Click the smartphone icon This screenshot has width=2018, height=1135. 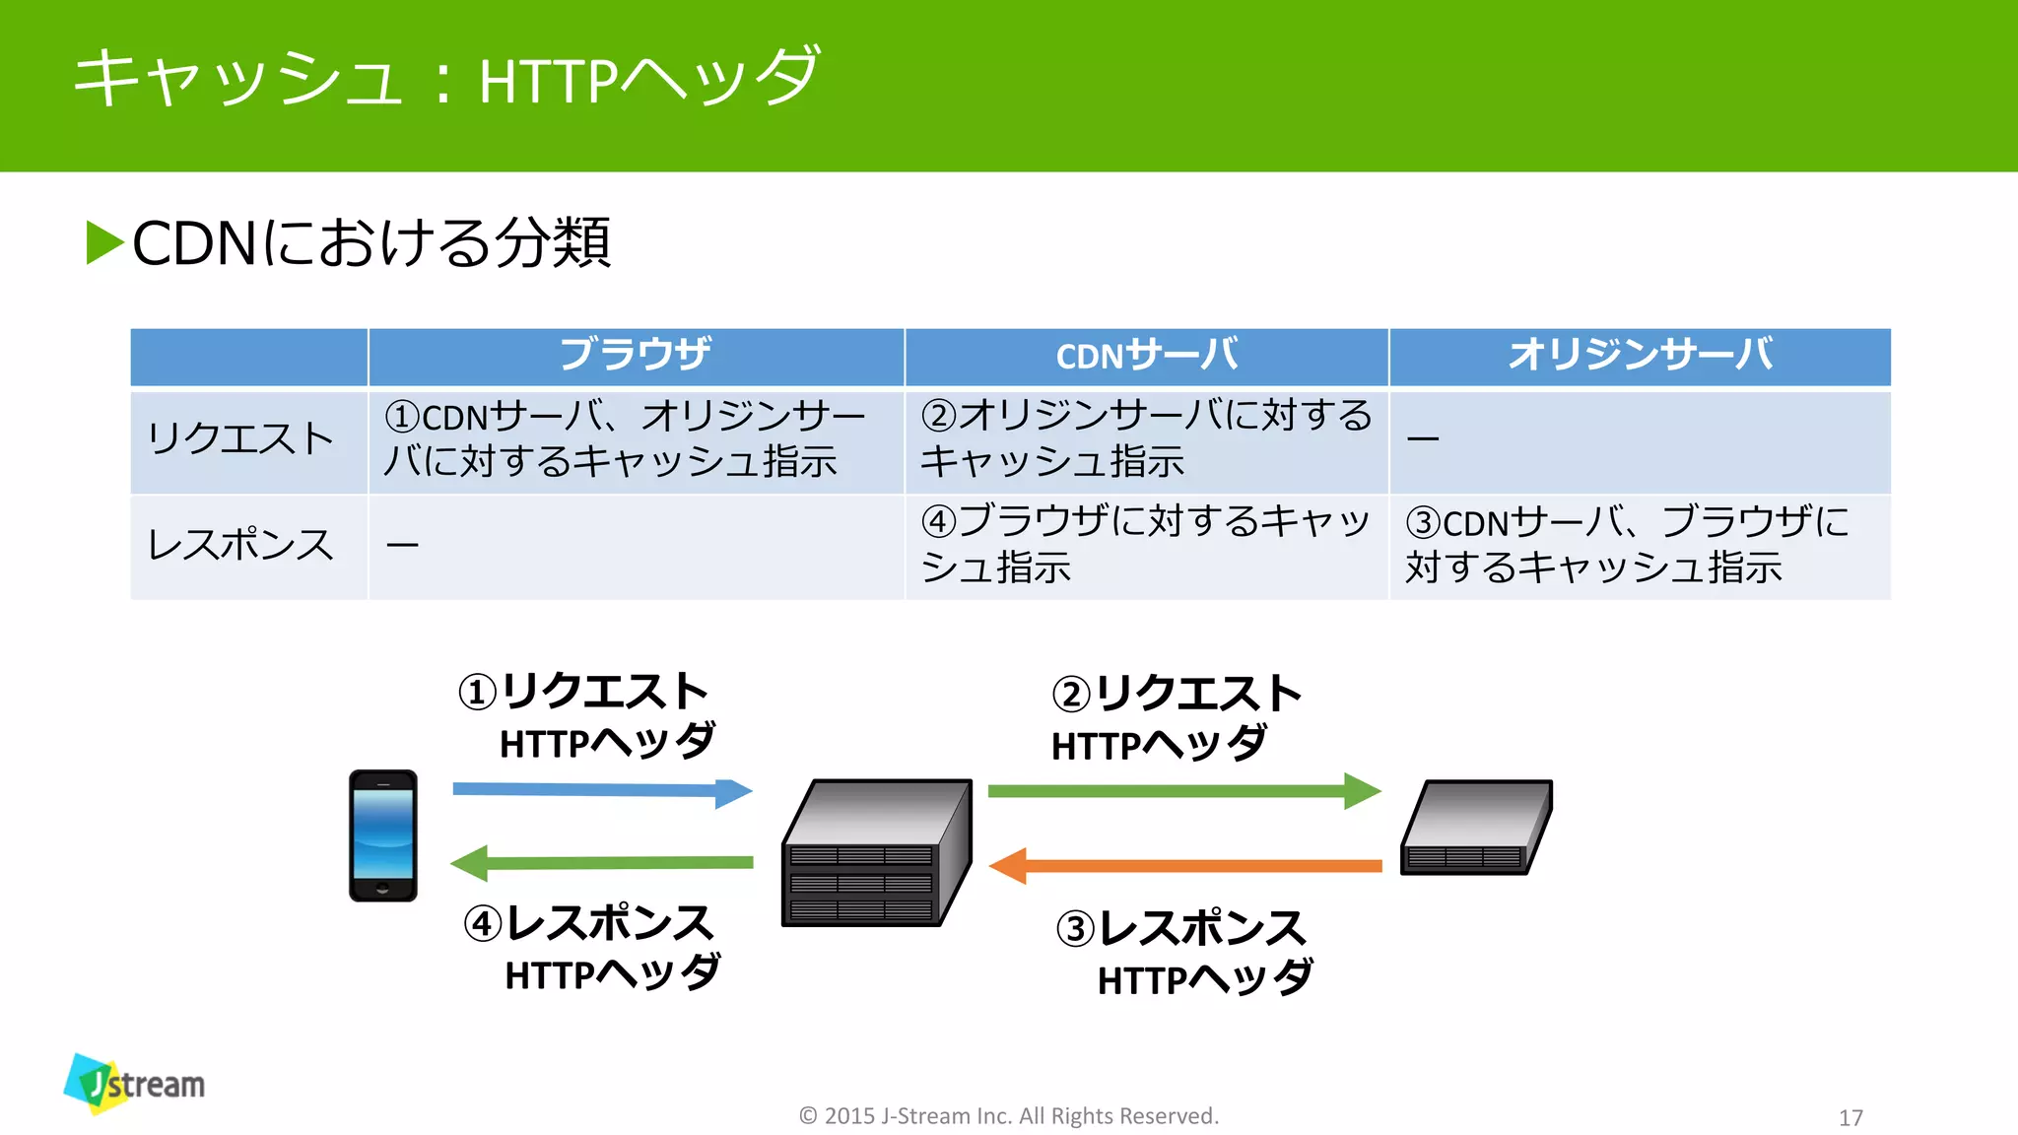tap(383, 835)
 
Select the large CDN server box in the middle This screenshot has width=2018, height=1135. tap(875, 853)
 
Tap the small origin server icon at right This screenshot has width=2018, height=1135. tap(1475, 828)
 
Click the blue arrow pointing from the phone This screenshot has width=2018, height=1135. tap(601, 790)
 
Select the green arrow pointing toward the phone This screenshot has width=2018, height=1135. tap(601, 863)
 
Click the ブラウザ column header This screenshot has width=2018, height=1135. tap(636, 355)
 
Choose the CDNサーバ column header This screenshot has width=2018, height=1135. tap(1146, 355)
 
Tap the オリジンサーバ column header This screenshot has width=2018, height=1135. tap(1640, 355)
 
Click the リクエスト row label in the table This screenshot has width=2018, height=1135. tap(241, 439)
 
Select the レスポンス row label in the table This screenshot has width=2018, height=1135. tap(241, 546)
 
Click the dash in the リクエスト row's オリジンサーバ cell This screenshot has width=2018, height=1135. tap(1423, 438)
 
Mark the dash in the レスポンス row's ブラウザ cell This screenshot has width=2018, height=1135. tap(402, 545)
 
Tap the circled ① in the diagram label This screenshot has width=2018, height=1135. tap(478, 693)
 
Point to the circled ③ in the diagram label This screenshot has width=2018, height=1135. tap(1075, 929)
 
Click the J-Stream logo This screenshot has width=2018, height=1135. tap(135, 1084)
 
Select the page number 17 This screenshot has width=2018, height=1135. tap(1850, 1118)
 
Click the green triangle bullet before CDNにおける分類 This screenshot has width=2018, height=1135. tap(104, 242)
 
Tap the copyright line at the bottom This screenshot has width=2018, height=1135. tap(1009, 1116)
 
